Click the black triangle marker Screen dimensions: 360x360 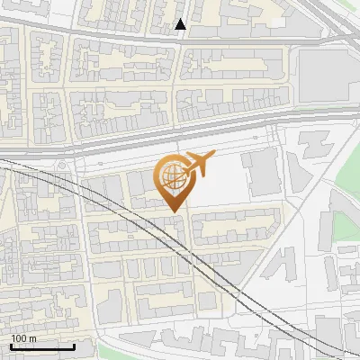(181, 24)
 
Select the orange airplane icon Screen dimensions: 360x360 (198, 164)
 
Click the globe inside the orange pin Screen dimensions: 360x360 (172, 175)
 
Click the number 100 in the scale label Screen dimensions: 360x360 (19, 338)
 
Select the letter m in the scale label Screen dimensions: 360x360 (32, 338)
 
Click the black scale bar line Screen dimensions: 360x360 (41, 347)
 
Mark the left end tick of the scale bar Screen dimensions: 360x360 (10, 346)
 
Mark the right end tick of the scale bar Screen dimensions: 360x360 (74, 346)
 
